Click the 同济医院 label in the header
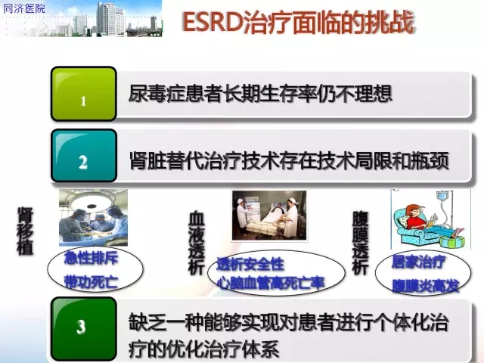pyautogui.click(x=24, y=8)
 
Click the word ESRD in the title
pyautogui.click(x=213, y=22)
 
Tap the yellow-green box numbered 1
pyautogui.click(x=84, y=94)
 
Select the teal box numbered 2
pyautogui.click(x=84, y=156)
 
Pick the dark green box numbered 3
pyautogui.click(x=84, y=328)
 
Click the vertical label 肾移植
pyautogui.click(x=25, y=231)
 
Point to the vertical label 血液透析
pyautogui.click(x=197, y=243)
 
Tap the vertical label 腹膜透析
pyautogui.click(x=360, y=243)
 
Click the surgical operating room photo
pyautogui.click(x=93, y=218)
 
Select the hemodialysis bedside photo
pyautogui.click(x=269, y=216)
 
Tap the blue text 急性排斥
pyautogui.click(x=91, y=258)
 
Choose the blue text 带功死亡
pyautogui.click(x=91, y=282)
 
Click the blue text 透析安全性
pyautogui.click(x=250, y=264)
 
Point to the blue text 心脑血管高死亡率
pyautogui.click(x=271, y=283)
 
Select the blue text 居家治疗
pyautogui.click(x=418, y=262)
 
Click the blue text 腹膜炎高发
pyautogui.click(x=425, y=286)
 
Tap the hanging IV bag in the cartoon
pyautogui.click(x=442, y=197)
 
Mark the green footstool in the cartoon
pyautogui.click(x=451, y=242)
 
